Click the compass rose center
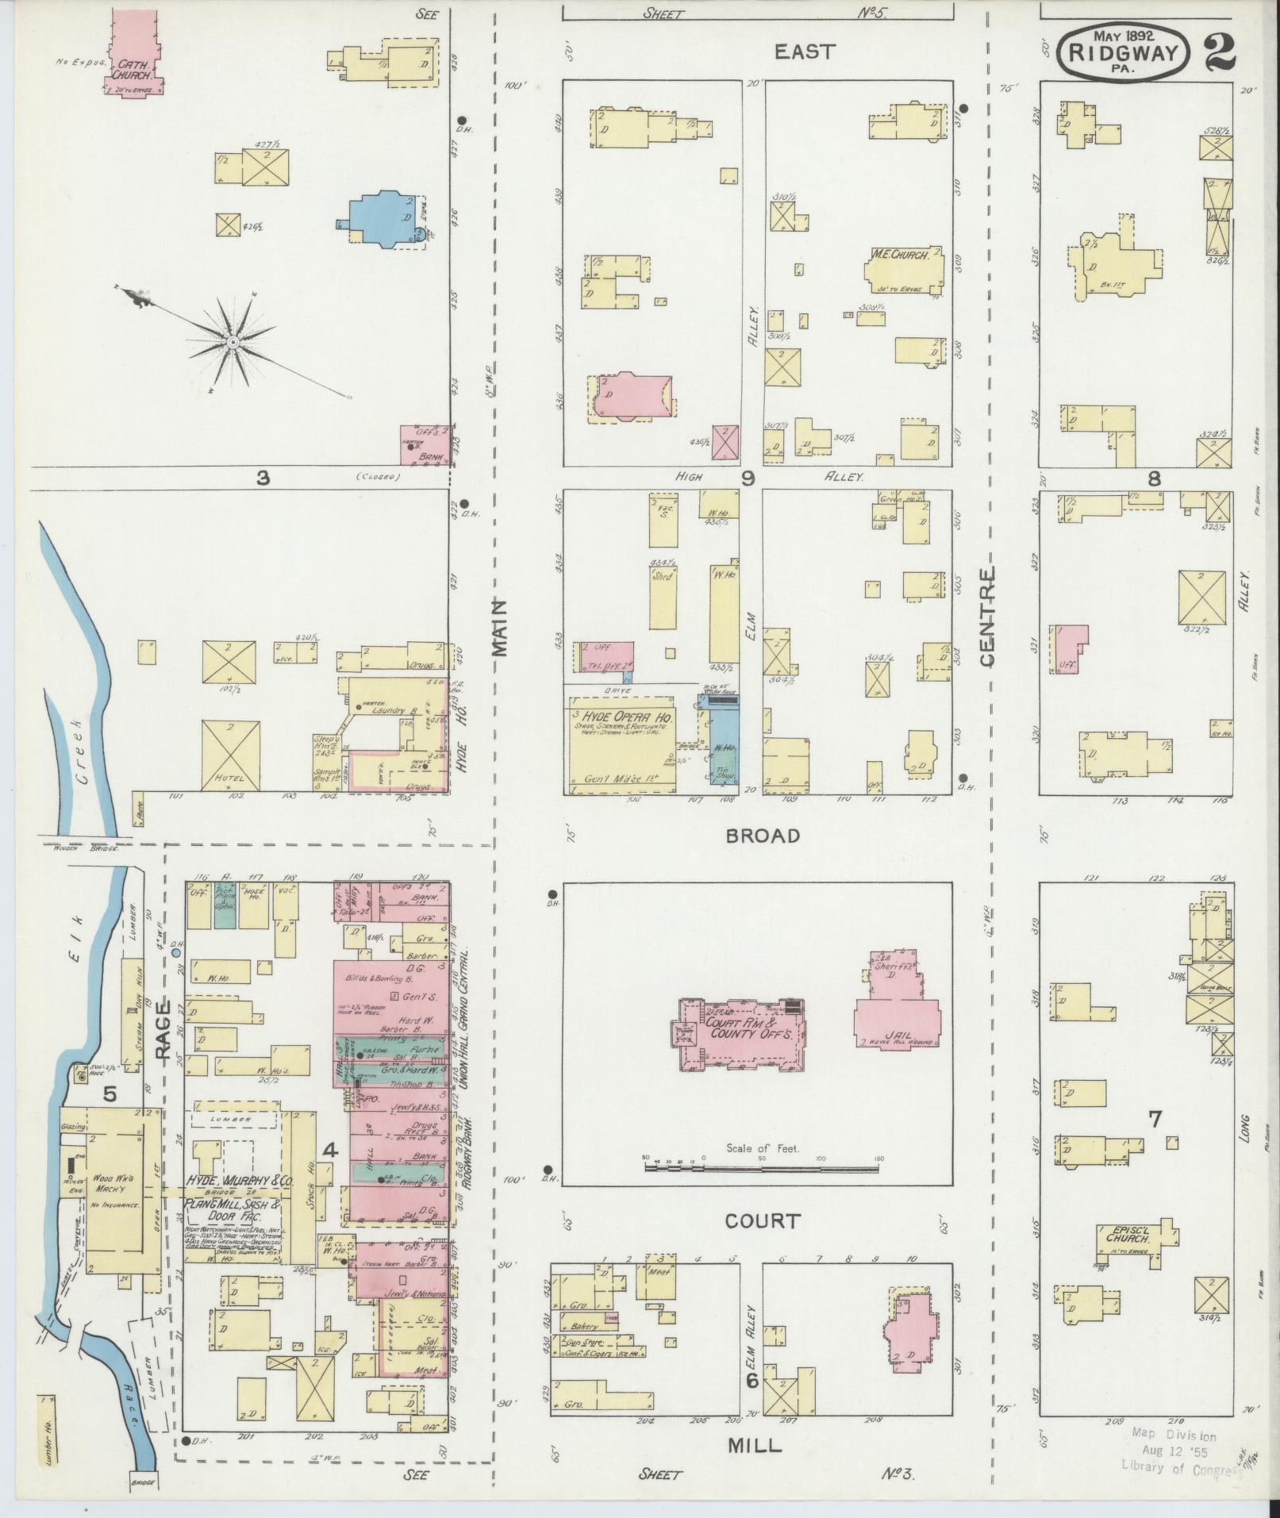(x=233, y=341)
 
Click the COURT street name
(x=761, y=1221)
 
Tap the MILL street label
(x=755, y=1446)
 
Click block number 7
(x=1155, y=1119)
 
